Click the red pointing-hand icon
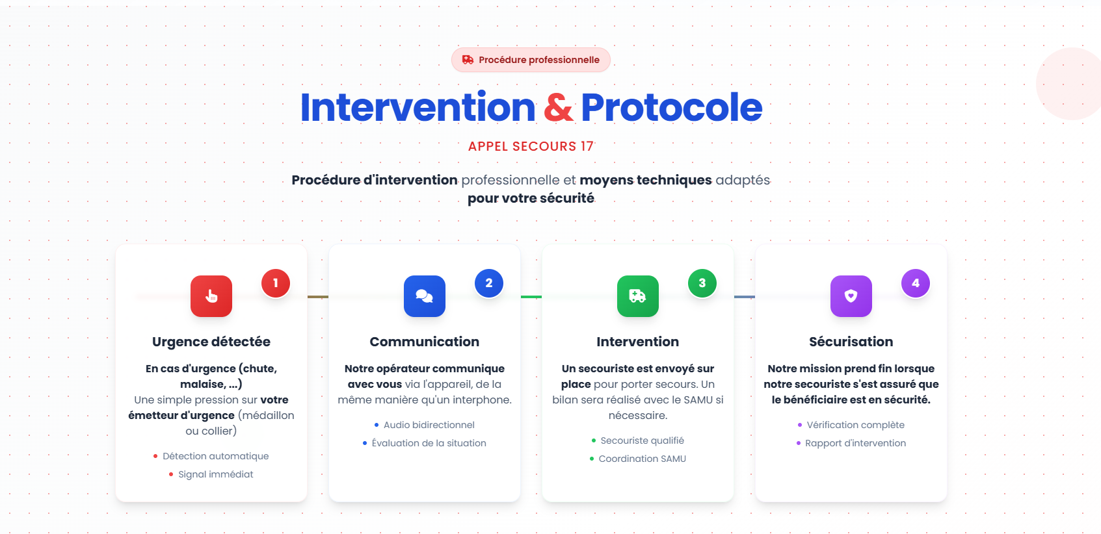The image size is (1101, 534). [211, 296]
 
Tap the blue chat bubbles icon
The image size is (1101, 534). [425, 296]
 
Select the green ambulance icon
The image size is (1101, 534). [638, 296]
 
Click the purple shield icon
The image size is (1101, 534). [851, 296]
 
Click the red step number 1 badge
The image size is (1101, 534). [276, 283]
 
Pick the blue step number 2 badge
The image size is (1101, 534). [489, 283]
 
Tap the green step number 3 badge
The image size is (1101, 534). [702, 283]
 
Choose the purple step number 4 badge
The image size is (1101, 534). [916, 283]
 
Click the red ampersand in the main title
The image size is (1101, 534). [559, 107]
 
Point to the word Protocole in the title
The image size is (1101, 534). [672, 107]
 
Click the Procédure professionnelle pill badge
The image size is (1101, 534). [531, 60]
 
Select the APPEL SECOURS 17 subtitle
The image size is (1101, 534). [531, 146]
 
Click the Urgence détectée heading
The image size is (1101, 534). [211, 342]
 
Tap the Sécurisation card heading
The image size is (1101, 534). [851, 342]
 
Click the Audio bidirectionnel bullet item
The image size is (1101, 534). [425, 425]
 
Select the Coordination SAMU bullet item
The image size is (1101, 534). [638, 459]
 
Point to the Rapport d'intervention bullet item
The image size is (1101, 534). [851, 443]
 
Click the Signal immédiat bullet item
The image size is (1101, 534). [211, 475]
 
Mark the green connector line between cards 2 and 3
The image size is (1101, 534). [531, 297]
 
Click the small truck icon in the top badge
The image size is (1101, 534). [468, 60]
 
